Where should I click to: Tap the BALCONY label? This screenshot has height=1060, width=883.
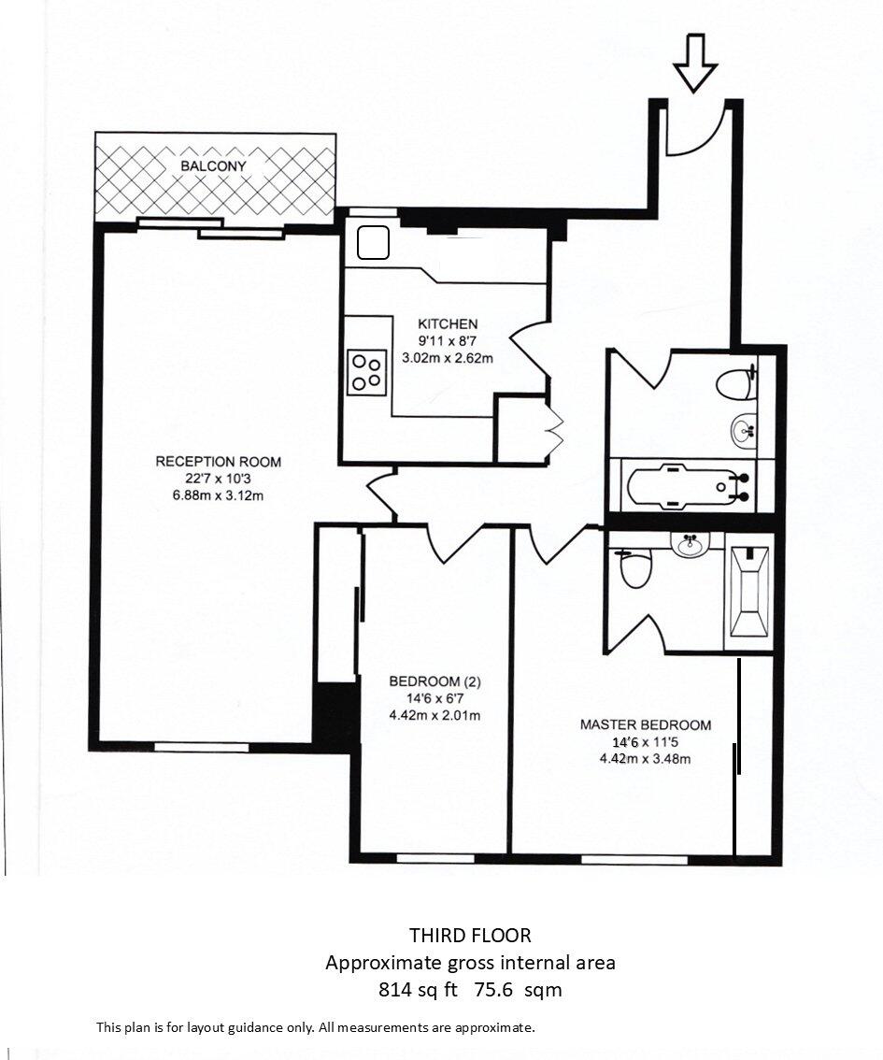(215, 165)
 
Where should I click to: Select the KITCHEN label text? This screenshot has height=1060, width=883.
(448, 323)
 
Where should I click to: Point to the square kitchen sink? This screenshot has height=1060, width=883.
(374, 243)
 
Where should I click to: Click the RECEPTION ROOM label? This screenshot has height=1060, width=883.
(218, 462)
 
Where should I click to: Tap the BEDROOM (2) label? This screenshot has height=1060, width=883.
(434, 681)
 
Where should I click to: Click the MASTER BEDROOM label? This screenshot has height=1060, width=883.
(646, 724)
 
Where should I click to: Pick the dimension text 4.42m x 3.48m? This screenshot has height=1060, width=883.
(646, 758)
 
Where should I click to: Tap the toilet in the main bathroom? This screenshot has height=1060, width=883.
(736, 381)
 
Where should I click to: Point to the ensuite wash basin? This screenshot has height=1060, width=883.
(691, 545)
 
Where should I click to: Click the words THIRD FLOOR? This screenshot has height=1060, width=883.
(470, 935)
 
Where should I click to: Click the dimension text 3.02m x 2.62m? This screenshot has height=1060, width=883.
(448, 357)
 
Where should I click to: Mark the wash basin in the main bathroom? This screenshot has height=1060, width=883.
(744, 430)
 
